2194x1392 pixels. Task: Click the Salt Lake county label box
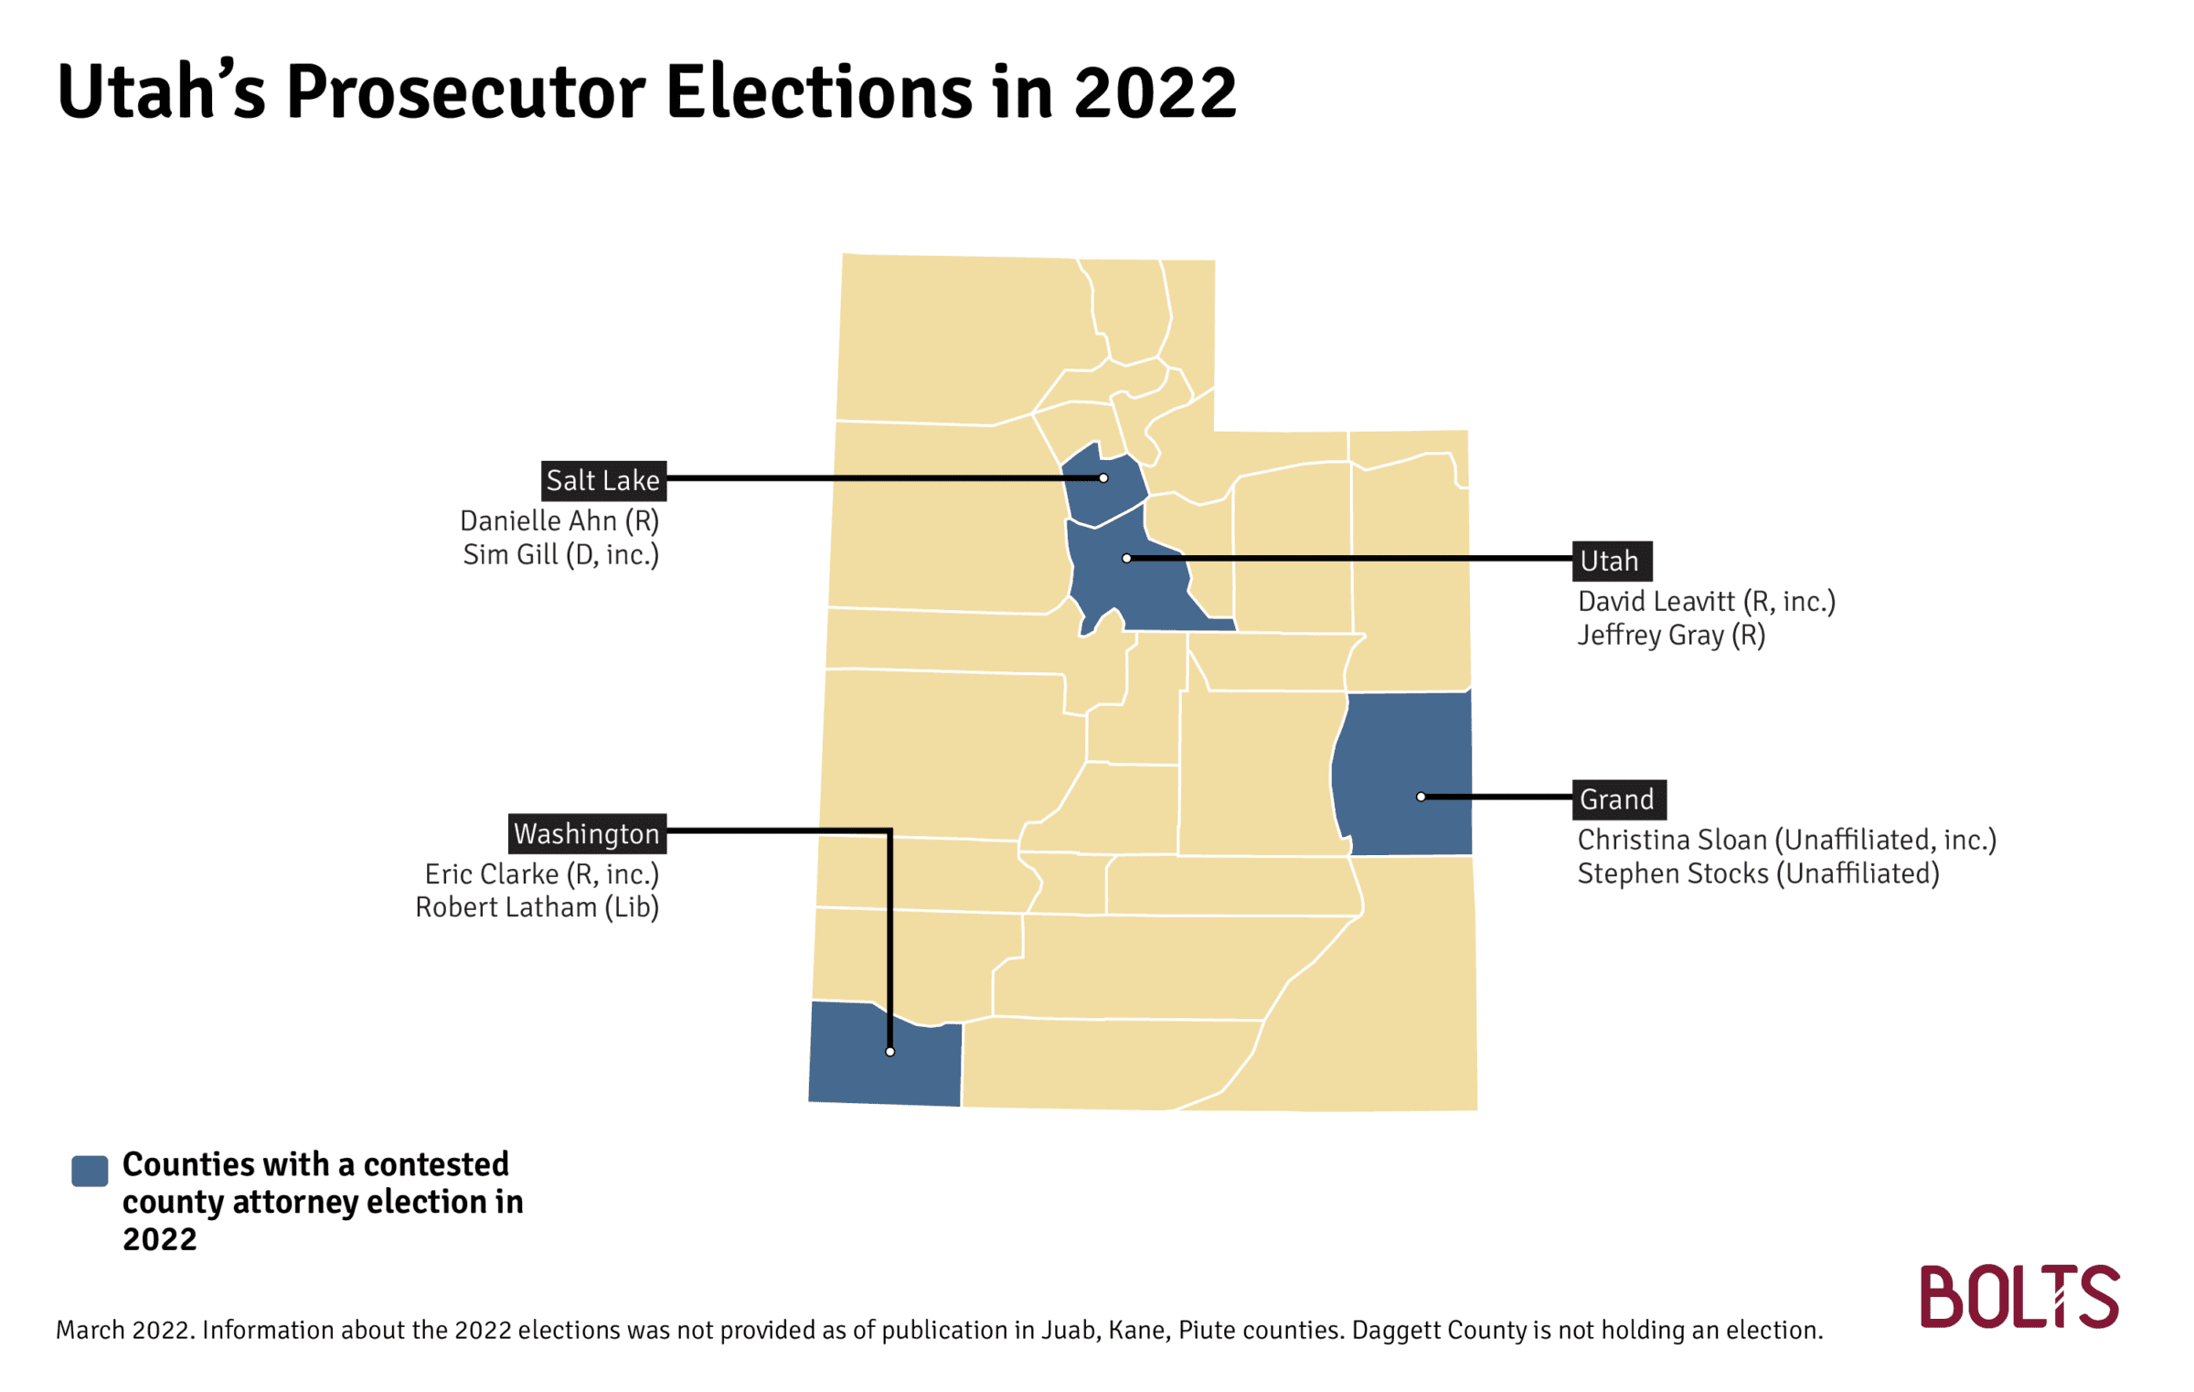click(x=603, y=480)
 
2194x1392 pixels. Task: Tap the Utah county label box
click(x=1612, y=561)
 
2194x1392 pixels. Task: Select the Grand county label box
click(x=1619, y=799)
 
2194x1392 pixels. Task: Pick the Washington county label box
click(x=587, y=833)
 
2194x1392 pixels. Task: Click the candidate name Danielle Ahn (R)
click(x=559, y=521)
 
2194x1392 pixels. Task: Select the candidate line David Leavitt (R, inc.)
click(x=1706, y=602)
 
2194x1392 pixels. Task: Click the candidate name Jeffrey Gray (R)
click(x=1671, y=636)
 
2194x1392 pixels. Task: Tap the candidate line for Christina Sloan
click(x=1787, y=840)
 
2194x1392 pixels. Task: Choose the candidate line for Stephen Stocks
click(x=1758, y=873)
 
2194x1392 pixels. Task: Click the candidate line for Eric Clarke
click(x=542, y=874)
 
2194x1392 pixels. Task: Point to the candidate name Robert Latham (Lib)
click(x=538, y=907)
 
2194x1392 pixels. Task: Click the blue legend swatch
click(x=90, y=1171)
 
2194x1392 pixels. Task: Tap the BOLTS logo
click(x=2019, y=1296)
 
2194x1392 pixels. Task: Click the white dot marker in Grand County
click(x=1421, y=797)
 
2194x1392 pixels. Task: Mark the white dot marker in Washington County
click(x=889, y=1052)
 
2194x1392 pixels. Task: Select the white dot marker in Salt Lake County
click(x=1103, y=478)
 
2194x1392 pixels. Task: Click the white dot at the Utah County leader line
click(x=1126, y=558)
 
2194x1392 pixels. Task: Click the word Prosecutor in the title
click(x=466, y=92)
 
